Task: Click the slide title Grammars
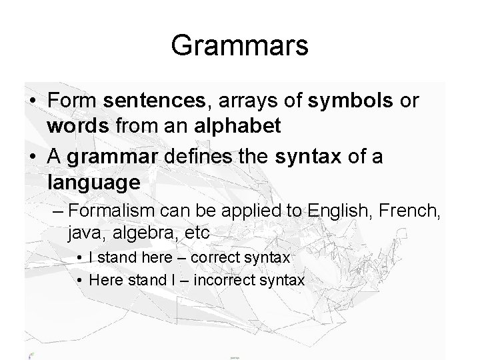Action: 239,46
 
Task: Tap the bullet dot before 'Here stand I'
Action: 79,281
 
